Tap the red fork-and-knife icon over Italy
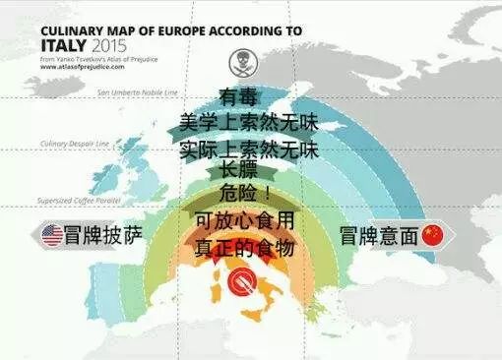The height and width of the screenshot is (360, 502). (x=240, y=283)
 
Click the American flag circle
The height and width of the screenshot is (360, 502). (x=52, y=236)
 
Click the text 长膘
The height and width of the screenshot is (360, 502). (x=239, y=170)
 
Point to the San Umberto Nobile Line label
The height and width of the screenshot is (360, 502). (x=140, y=92)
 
